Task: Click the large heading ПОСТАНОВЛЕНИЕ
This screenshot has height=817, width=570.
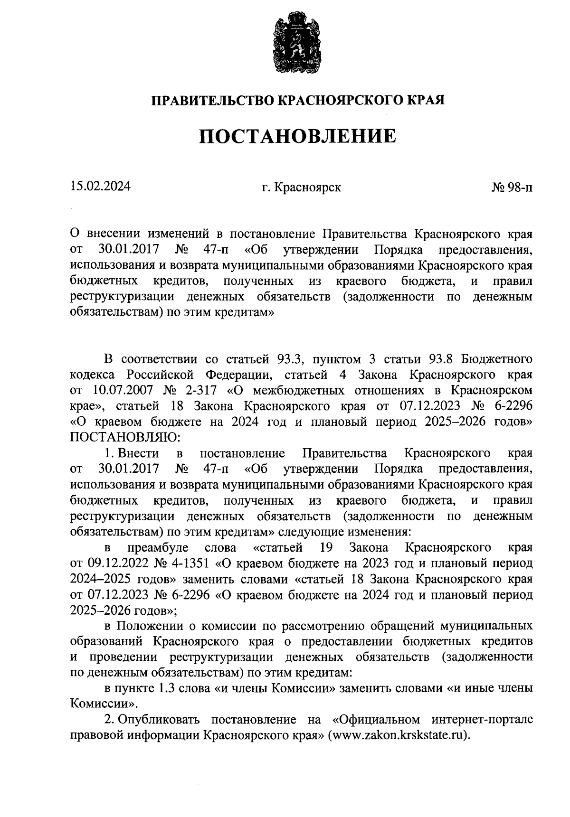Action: (x=297, y=136)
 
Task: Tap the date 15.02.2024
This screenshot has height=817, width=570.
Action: (x=100, y=186)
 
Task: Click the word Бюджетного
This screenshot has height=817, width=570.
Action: (x=497, y=358)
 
